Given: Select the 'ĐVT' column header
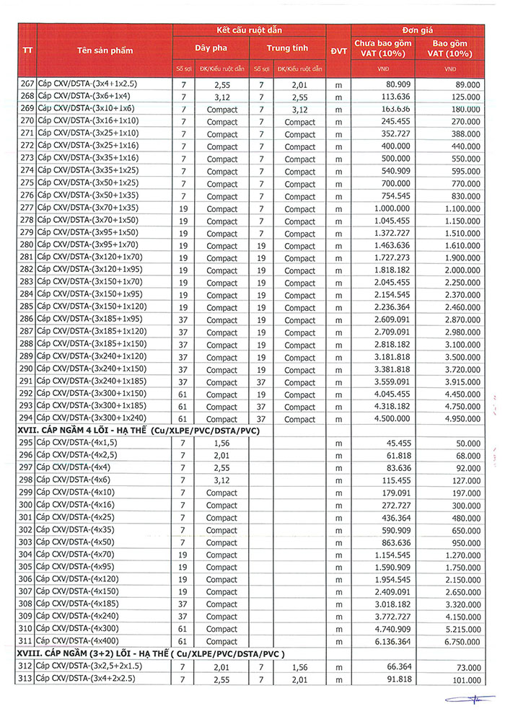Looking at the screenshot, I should [x=338, y=50].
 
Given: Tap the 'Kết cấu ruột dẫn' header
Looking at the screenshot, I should [x=250, y=30].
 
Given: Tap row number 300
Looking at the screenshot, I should [x=26, y=505].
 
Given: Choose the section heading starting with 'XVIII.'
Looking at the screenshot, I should [x=151, y=653].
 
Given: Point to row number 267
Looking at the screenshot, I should [x=26, y=84].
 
